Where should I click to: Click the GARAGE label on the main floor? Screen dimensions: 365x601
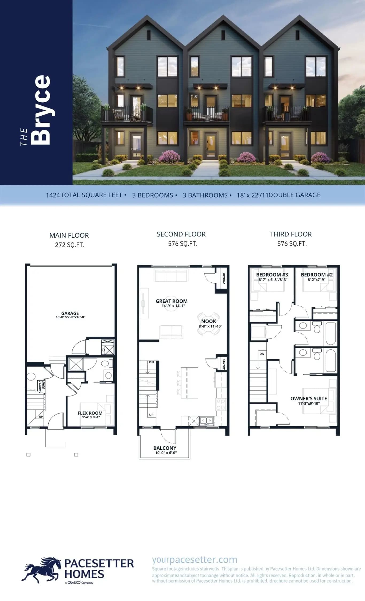pyautogui.click(x=70, y=313)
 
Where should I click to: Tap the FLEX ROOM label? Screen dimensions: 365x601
pyautogui.click(x=90, y=413)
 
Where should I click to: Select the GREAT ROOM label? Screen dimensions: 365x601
pyautogui.click(x=172, y=301)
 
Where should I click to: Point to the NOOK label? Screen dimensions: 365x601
pyautogui.click(x=209, y=321)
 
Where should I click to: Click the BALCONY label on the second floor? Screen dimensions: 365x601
pyautogui.click(x=165, y=448)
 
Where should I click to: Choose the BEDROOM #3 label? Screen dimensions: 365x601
pyautogui.click(x=272, y=275)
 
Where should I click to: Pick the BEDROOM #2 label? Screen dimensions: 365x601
pyautogui.click(x=317, y=275)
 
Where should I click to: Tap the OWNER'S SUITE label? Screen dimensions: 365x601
pyautogui.click(x=309, y=398)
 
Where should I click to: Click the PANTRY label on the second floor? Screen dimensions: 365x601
pyautogui.click(x=224, y=364)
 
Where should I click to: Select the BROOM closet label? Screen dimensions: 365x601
pyautogui.click(x=224, y=278)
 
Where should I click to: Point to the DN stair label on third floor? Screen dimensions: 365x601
pyautogui.click(x=262, y=354)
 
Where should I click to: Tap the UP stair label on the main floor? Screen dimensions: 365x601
pyautogui.click(x=41, y=417)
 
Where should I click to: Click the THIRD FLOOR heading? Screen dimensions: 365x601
pyautogui.click(x=291, y=234)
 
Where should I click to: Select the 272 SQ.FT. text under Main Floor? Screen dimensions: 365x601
pyautogui.click(x=70, y=245)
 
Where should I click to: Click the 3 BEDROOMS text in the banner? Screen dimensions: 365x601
pyautogui.click(x=153, y=195)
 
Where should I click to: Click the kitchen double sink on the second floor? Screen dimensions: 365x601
pyautogui.click(x=207, y=420)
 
